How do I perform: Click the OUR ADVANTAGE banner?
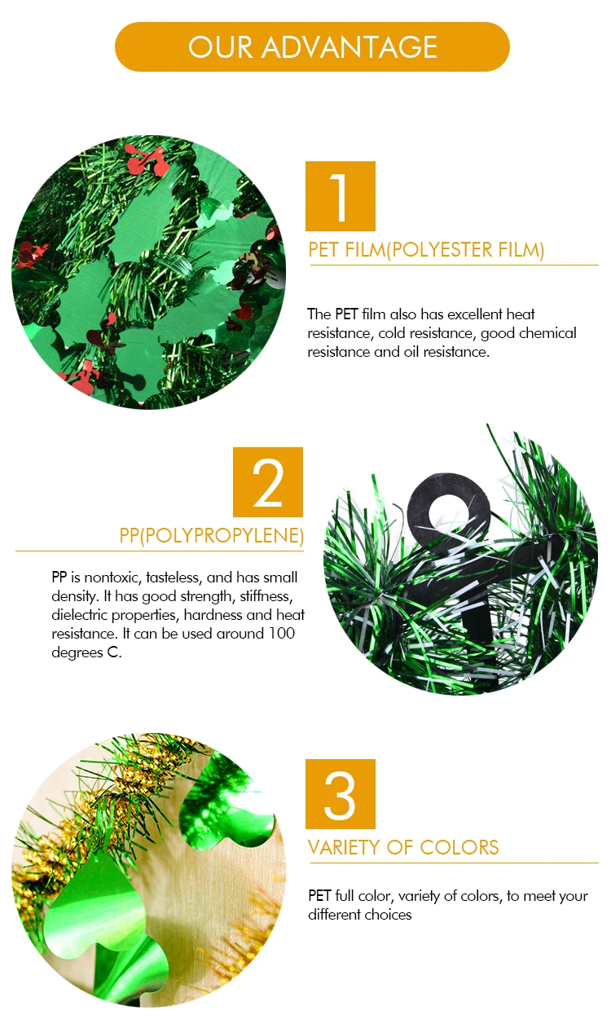(x=312, y=47)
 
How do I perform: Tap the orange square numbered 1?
(x=341, y=196)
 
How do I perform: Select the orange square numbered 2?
(x=268, y=482)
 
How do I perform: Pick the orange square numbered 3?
(x=341, y=794)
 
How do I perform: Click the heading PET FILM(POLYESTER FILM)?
(x=426, y=250)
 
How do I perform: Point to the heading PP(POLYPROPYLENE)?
(x=212, y=535)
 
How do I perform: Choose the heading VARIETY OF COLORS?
(x=403, y=847)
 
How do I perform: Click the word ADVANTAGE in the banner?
(x=349, y=47)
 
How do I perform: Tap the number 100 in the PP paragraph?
(x=282, y=633)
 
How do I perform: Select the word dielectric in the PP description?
(x=80, y=615)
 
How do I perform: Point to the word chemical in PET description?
(x=547, y=333)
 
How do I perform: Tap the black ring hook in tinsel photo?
(x=449, y=505)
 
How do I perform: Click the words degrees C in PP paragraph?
(x=86, y=652)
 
